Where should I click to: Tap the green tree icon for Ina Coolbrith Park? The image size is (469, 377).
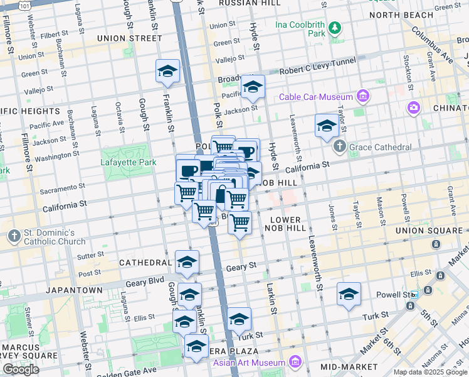pos(335,27)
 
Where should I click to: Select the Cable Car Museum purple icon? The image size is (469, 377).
pos(362,96)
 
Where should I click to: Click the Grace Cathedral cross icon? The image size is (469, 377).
pos(339,147)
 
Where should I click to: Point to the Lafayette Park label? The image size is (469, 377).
pos(128,162)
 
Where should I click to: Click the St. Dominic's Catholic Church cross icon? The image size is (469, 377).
pos(14,236)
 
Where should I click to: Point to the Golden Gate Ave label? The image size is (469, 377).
pos(130,371)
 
